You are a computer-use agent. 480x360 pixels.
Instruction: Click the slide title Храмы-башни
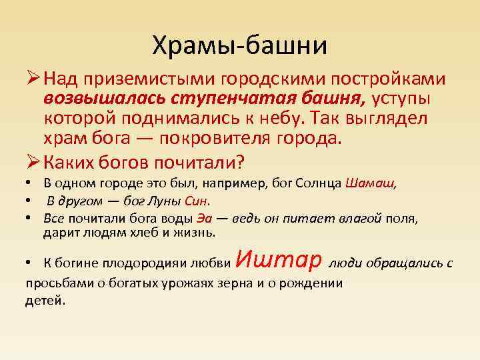point(240,45)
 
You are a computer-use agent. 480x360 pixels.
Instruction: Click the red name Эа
point(204,218)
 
